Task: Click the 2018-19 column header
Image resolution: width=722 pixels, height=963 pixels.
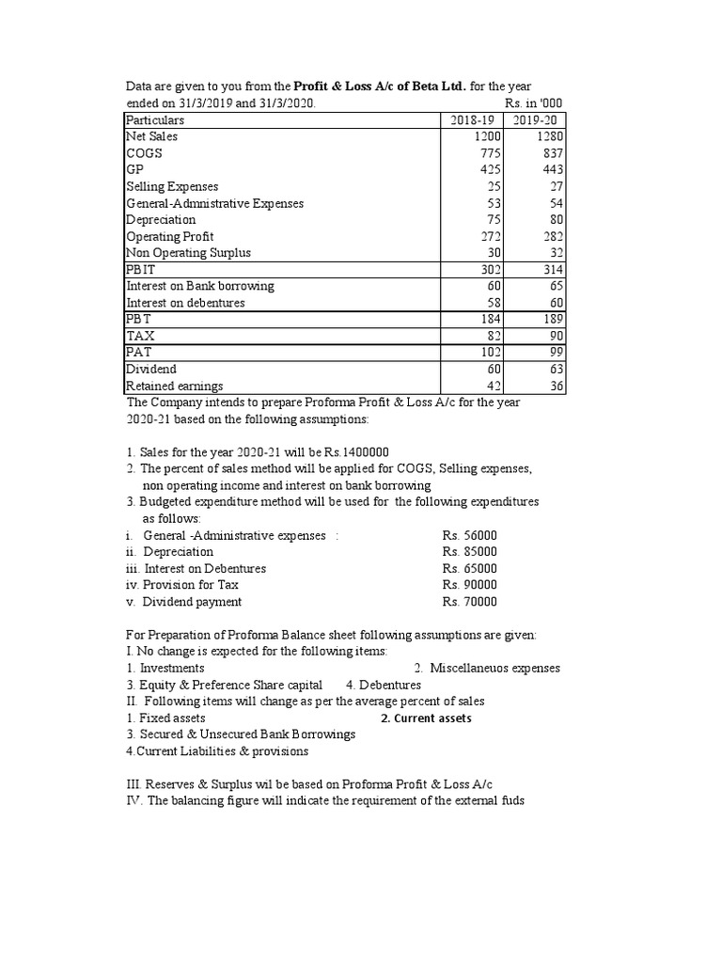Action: [x=472, y=120]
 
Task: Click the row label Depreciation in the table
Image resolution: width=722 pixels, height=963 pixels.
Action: [x=161, y=220]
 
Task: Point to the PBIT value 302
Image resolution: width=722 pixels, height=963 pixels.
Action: [x=487, y=270]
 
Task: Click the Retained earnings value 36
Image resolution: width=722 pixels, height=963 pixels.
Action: [x=555, y=387]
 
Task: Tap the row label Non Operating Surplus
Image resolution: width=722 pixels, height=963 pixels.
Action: [x=188, y=253]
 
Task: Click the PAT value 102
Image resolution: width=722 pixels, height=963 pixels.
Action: [x=487, y=353]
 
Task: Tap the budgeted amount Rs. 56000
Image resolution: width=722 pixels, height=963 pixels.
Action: [x=469, y=535]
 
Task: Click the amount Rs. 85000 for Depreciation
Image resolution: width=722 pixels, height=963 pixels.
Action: [x=469, y=552]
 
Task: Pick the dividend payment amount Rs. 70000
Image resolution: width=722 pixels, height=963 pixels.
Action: [x=469, y=602]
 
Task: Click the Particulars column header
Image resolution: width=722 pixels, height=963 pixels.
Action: [x=155, y=120]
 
